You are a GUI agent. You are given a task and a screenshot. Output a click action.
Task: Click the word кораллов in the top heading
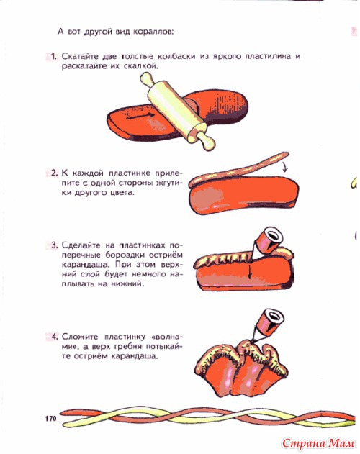(x=153, y=31)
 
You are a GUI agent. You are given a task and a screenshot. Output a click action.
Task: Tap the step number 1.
(x=53, y=56)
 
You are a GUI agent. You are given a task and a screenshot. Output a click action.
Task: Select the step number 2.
(x=54, y=173)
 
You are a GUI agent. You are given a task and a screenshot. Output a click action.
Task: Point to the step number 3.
(x=54, y=245)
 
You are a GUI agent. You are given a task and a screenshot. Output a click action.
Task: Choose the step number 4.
(x=55, y=337)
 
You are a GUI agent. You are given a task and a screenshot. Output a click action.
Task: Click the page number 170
(x=50, y=419)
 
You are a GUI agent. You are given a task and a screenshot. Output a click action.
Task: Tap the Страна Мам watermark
(x=318, y=443)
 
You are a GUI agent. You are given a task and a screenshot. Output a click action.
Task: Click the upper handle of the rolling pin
(x=148, y=79)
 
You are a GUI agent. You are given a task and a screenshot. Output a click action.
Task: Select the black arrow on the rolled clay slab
(x=140, y=116)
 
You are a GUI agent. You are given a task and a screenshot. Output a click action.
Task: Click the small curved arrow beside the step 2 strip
(x=285, y=167)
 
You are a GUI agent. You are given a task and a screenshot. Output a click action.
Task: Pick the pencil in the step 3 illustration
(x=266, y=242)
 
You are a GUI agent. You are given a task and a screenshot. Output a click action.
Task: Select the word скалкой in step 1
(x=141, y=66)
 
